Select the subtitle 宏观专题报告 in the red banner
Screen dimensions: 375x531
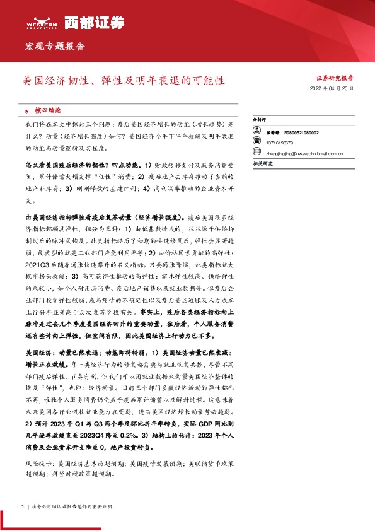54,47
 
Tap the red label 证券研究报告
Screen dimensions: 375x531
335,78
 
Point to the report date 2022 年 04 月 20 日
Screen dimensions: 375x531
333,90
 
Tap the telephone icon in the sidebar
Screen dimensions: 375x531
256,143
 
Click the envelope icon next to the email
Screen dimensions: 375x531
256,152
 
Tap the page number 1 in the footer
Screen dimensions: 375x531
23,506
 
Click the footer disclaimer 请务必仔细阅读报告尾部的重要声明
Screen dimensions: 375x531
66,506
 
